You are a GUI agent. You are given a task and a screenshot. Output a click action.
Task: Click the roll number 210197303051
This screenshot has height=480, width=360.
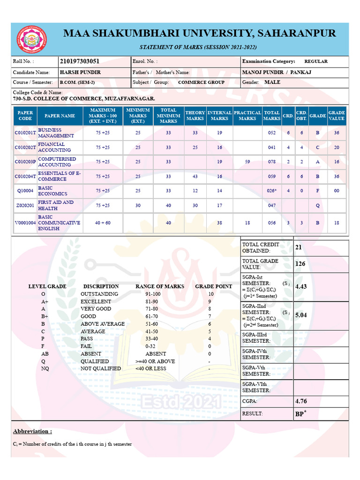79,61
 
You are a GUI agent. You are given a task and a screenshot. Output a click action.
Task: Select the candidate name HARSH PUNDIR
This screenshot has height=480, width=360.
80,73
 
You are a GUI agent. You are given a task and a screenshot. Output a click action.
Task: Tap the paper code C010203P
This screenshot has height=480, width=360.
25,162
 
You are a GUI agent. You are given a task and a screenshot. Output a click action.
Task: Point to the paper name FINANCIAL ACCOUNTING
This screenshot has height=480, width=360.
54,147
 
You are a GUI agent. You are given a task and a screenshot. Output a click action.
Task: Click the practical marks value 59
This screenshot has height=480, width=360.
247,162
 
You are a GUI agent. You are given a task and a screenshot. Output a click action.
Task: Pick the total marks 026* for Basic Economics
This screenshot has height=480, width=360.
272,191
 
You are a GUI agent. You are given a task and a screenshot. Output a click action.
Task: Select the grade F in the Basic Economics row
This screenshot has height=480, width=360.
317,191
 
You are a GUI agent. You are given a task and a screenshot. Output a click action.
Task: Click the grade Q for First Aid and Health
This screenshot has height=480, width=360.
317,206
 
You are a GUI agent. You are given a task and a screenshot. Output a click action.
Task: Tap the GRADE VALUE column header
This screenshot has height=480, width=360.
336,116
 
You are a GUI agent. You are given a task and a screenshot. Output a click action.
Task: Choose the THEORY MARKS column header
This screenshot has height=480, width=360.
195,116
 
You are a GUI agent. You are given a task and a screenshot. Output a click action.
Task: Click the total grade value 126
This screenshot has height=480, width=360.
300,264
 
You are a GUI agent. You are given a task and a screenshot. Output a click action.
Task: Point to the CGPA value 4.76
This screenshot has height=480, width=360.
301,401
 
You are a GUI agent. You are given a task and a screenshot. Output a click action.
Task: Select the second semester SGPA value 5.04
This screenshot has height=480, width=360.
301,315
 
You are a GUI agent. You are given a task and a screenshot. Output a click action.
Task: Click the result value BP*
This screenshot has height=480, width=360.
300,414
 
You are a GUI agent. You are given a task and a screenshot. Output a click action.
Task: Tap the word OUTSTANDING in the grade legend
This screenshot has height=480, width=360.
99,294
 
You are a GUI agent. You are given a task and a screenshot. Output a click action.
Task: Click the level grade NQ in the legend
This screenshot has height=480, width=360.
45,368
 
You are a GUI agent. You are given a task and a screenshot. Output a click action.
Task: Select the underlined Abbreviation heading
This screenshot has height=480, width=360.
32,431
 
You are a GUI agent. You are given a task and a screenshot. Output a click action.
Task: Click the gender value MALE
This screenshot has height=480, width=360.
272,82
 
